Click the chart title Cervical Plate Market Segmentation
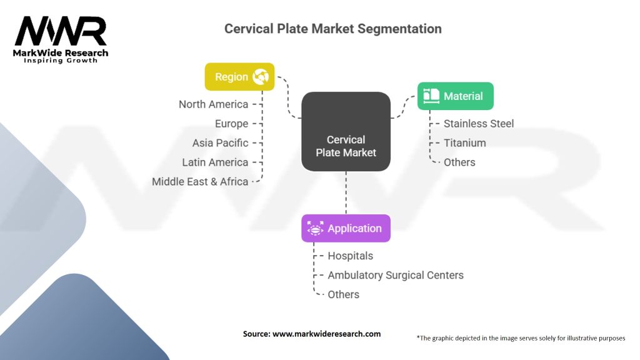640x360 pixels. (332, 29)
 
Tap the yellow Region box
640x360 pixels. (239, 77)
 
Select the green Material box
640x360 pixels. (455, 96)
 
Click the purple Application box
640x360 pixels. (346, 228)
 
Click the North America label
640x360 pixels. (213, 104)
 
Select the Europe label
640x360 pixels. (231, 124)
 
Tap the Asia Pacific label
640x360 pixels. (220, 143)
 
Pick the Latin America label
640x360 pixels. (215, 162)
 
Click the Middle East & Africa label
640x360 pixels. (200, 182)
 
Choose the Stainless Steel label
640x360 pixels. (479, 124)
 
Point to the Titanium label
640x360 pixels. (464, 143)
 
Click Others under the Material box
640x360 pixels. (459, 162)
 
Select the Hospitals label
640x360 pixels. (350, 256)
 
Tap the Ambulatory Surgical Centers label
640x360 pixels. (396, 275)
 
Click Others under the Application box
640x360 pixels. (343, 294)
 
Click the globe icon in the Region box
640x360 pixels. (260, 77)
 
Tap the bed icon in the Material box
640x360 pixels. (431, 96)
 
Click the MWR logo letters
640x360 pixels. (61, 32)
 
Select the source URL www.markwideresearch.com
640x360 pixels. (326, 334)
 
